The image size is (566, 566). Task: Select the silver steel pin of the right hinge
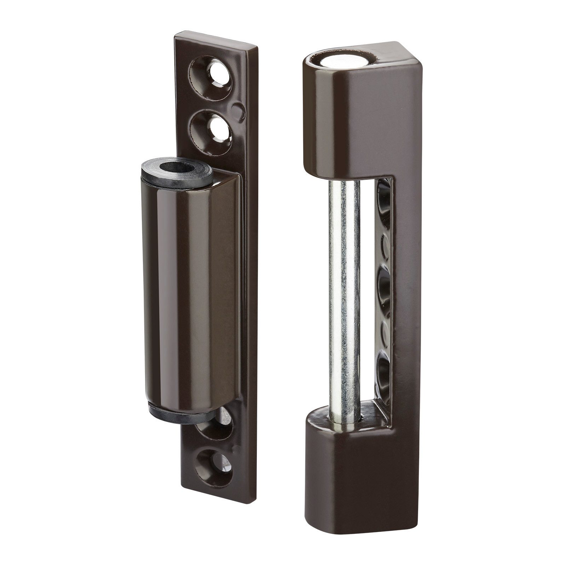point(341,301)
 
